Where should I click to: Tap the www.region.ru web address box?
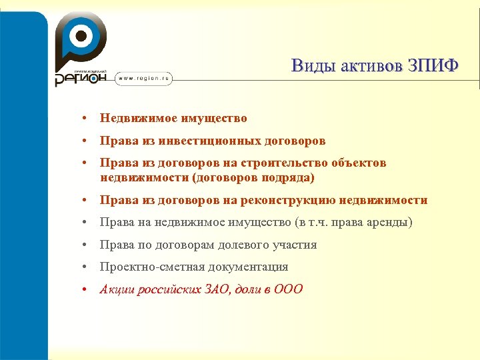coord(145,79)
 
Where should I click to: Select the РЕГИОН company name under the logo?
coord(80,78)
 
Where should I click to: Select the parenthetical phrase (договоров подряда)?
coord(253,178)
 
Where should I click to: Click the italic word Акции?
coord(117,289)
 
